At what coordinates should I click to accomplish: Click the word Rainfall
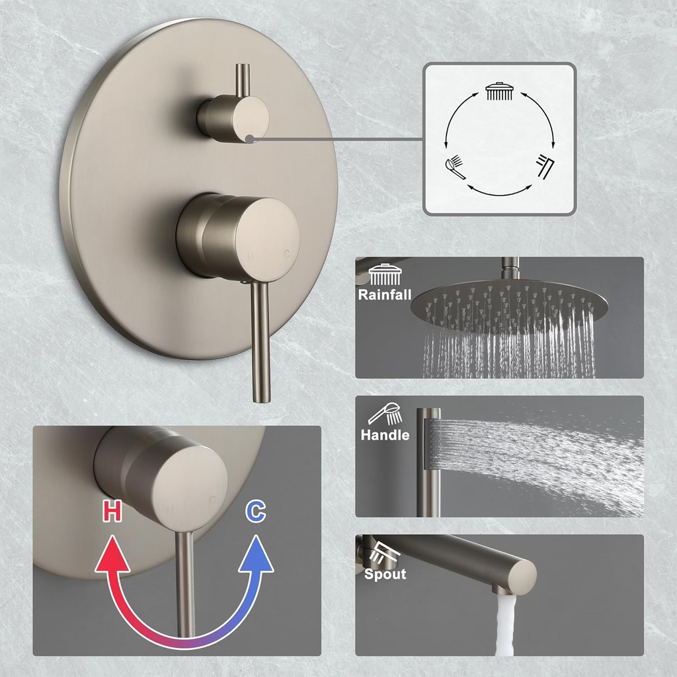[x=385, y=294]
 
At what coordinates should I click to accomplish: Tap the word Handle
[x=385, y=435]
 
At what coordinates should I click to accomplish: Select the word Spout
[x=385, y=574]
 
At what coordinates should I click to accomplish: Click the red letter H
[x=112, y=511]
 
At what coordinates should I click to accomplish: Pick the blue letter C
[x=255, y=511]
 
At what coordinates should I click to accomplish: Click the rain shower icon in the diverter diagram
[x=500, y=91]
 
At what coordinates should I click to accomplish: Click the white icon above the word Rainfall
[x=383, y=274]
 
